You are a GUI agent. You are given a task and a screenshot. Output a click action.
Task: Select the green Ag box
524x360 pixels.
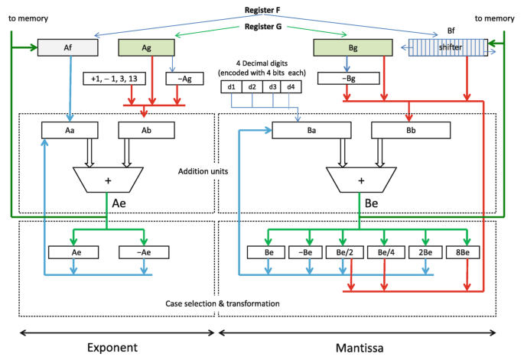145,48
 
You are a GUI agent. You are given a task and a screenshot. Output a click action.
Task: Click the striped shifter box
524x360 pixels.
438,48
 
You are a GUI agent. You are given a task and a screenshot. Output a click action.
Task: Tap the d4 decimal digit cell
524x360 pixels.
291,86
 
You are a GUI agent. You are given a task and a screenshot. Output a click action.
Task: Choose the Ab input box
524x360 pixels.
145,131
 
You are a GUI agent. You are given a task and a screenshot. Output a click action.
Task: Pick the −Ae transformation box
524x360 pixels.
145,251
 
